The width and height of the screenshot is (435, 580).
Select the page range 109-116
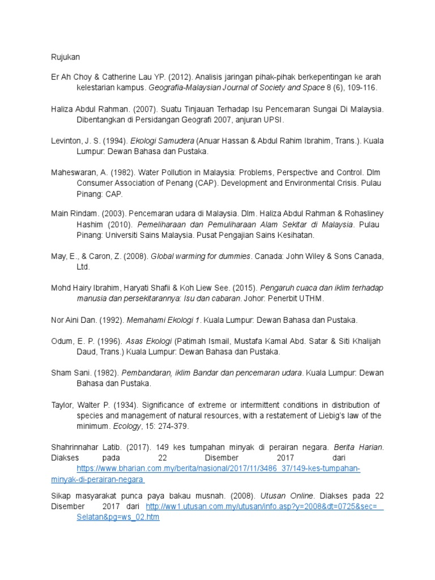click(x=360, y=88)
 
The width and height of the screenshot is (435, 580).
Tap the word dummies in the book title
click(x=233, y=257)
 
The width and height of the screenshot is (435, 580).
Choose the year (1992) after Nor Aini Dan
click(x=110, y=320)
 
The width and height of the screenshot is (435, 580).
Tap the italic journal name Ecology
click(x=127, y=426)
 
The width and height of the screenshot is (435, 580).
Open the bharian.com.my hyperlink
click(x=218, y=469)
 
